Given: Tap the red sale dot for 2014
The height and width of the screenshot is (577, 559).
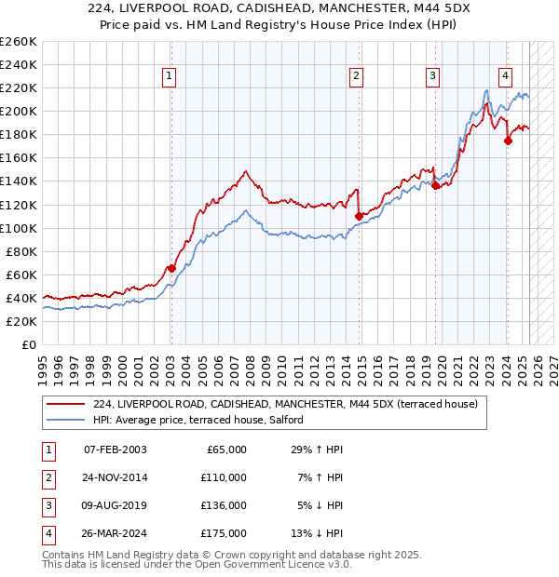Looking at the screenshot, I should tap(359, 216).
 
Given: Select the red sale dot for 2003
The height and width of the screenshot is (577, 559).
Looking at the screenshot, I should tap(171, 269).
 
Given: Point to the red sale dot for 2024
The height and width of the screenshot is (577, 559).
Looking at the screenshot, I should tap(508, 141).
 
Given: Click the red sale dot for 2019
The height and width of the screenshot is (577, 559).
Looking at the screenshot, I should tap(435, 185).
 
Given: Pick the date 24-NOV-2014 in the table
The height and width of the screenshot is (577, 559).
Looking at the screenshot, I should tap(116, 477).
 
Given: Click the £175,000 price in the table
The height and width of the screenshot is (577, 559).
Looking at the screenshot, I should tap(223, 533).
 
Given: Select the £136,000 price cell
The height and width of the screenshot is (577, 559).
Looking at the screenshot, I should tap(223, 505).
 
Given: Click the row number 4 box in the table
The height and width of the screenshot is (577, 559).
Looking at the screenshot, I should tap(47, 533).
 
